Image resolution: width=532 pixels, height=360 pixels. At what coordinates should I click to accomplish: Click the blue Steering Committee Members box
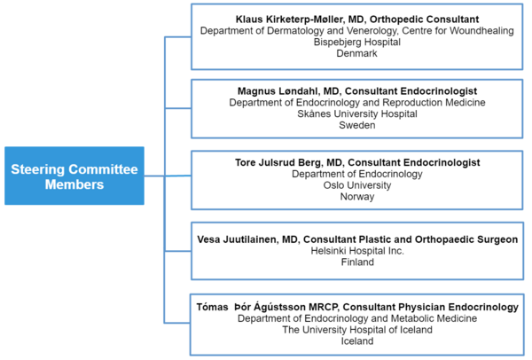[x=74, y=176]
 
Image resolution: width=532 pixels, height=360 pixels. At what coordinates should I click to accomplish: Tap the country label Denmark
[x=357, y=53]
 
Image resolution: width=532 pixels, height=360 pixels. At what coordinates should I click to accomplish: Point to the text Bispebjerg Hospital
[x=357, y=42]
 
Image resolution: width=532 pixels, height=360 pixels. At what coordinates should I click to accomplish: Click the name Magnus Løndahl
[x=278, y=91]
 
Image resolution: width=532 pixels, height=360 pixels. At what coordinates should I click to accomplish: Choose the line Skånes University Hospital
[x=357, y=113]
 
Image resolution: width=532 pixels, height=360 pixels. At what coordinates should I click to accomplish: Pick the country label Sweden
[x=357, y=125]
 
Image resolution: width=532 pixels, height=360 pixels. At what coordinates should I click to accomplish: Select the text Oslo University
[x=357, y=185]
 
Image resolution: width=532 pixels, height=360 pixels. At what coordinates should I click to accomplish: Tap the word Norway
[x=357, y=197]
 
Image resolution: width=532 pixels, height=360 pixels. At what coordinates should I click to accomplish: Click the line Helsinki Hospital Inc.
[x=357, y=251]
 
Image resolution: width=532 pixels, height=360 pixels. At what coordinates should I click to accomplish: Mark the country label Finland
[x=357, y=262]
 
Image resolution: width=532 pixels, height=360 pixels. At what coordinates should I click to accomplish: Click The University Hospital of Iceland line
[x=357, y=330]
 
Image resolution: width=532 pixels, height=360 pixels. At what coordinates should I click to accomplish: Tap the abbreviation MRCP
[x=323, y=307]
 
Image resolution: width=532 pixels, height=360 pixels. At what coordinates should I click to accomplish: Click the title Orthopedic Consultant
[x=424, y=20]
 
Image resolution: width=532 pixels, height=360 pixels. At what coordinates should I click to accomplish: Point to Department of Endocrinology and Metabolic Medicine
[x=357, y=318]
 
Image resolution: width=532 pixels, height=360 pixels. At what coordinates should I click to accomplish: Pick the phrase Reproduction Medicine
[x=434, y=103]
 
